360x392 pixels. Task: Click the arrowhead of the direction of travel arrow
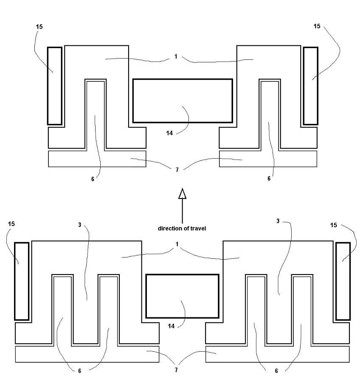[x=183, y=193]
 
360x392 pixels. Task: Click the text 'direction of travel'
[x=182, y=228]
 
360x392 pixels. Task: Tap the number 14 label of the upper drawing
[x=169, y=133]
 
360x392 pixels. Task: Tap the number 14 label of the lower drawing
[x=171, y=326]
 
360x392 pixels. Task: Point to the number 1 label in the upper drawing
[x=176, y=56]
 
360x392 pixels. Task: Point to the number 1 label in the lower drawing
[x=177, y=244]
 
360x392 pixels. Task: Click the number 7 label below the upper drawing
[x=177, y=170]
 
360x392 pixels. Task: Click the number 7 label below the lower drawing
[x=176, y=370]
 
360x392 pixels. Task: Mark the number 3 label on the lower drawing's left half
[x=79, y=224]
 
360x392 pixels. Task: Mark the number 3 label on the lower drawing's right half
[x=278, y=221]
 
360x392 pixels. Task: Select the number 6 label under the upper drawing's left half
[x=93, y=179]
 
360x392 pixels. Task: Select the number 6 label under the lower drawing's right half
[x=276, y=371]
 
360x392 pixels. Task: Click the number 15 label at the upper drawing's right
[x=317, y=26]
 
